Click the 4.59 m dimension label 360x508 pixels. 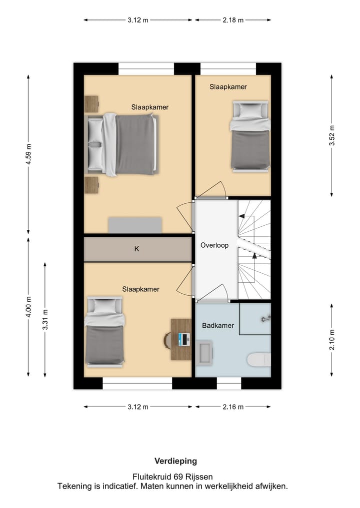click(28, 153)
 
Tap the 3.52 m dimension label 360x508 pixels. click(332, 135)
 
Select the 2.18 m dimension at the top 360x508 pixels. click(233, 20)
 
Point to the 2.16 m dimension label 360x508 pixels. click(233, 407)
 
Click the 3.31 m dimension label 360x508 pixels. click(45, 320)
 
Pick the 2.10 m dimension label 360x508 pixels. click(332, 340)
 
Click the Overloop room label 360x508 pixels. click(214, 245)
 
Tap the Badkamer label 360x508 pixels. click(218, 325)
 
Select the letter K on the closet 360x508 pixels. click(137, 249)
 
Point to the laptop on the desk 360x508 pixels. click(183, 339)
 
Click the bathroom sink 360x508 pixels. click(204, 353)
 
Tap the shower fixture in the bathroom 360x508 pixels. click(265, 319)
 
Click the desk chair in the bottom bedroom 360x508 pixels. click(167, 341)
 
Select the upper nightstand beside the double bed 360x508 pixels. click(91, 104)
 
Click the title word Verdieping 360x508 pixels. click(175, 461)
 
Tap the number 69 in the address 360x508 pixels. click(178, 477)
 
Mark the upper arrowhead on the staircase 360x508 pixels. click(241, 216)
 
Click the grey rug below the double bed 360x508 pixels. click(135, 225)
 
